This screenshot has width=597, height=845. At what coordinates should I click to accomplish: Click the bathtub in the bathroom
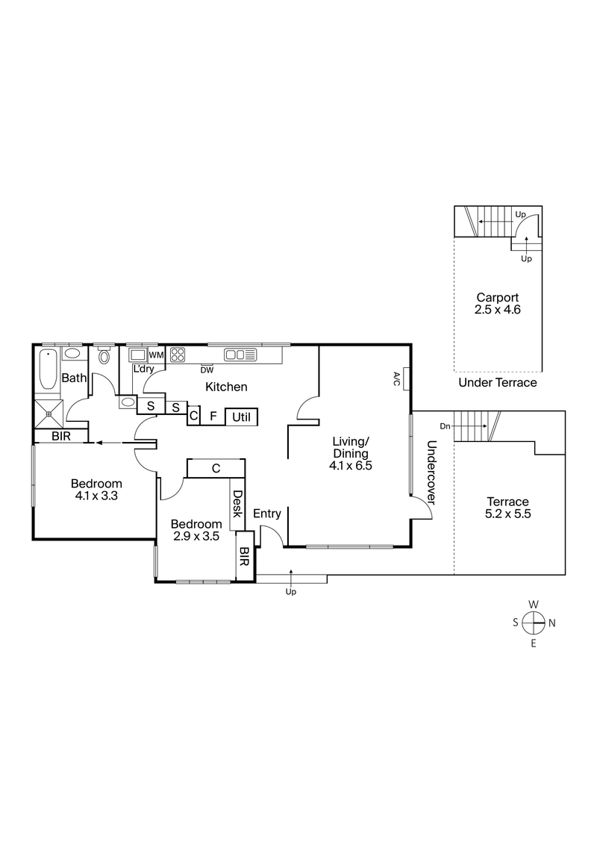point(47,369)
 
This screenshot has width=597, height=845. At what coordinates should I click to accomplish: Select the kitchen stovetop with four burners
point(178,355)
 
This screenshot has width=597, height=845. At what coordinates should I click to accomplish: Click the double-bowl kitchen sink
point(240,355)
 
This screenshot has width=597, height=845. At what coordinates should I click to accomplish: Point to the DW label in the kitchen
point(207,369)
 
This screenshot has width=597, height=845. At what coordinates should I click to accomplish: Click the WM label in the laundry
point(156,355)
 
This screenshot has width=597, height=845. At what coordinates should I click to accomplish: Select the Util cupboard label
point(240,417)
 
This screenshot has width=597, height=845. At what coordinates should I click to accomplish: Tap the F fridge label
point(213,417)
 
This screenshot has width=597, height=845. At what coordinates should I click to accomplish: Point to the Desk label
point(238,504)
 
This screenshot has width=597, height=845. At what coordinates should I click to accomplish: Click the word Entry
point(267,514)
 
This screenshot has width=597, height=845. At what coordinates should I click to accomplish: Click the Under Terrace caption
point(498,383)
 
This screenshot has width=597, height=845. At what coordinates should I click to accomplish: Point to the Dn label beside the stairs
point(445,426)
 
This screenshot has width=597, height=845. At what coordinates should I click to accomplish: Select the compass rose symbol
point(533,623)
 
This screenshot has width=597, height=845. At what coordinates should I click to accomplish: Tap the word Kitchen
point(226,387)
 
